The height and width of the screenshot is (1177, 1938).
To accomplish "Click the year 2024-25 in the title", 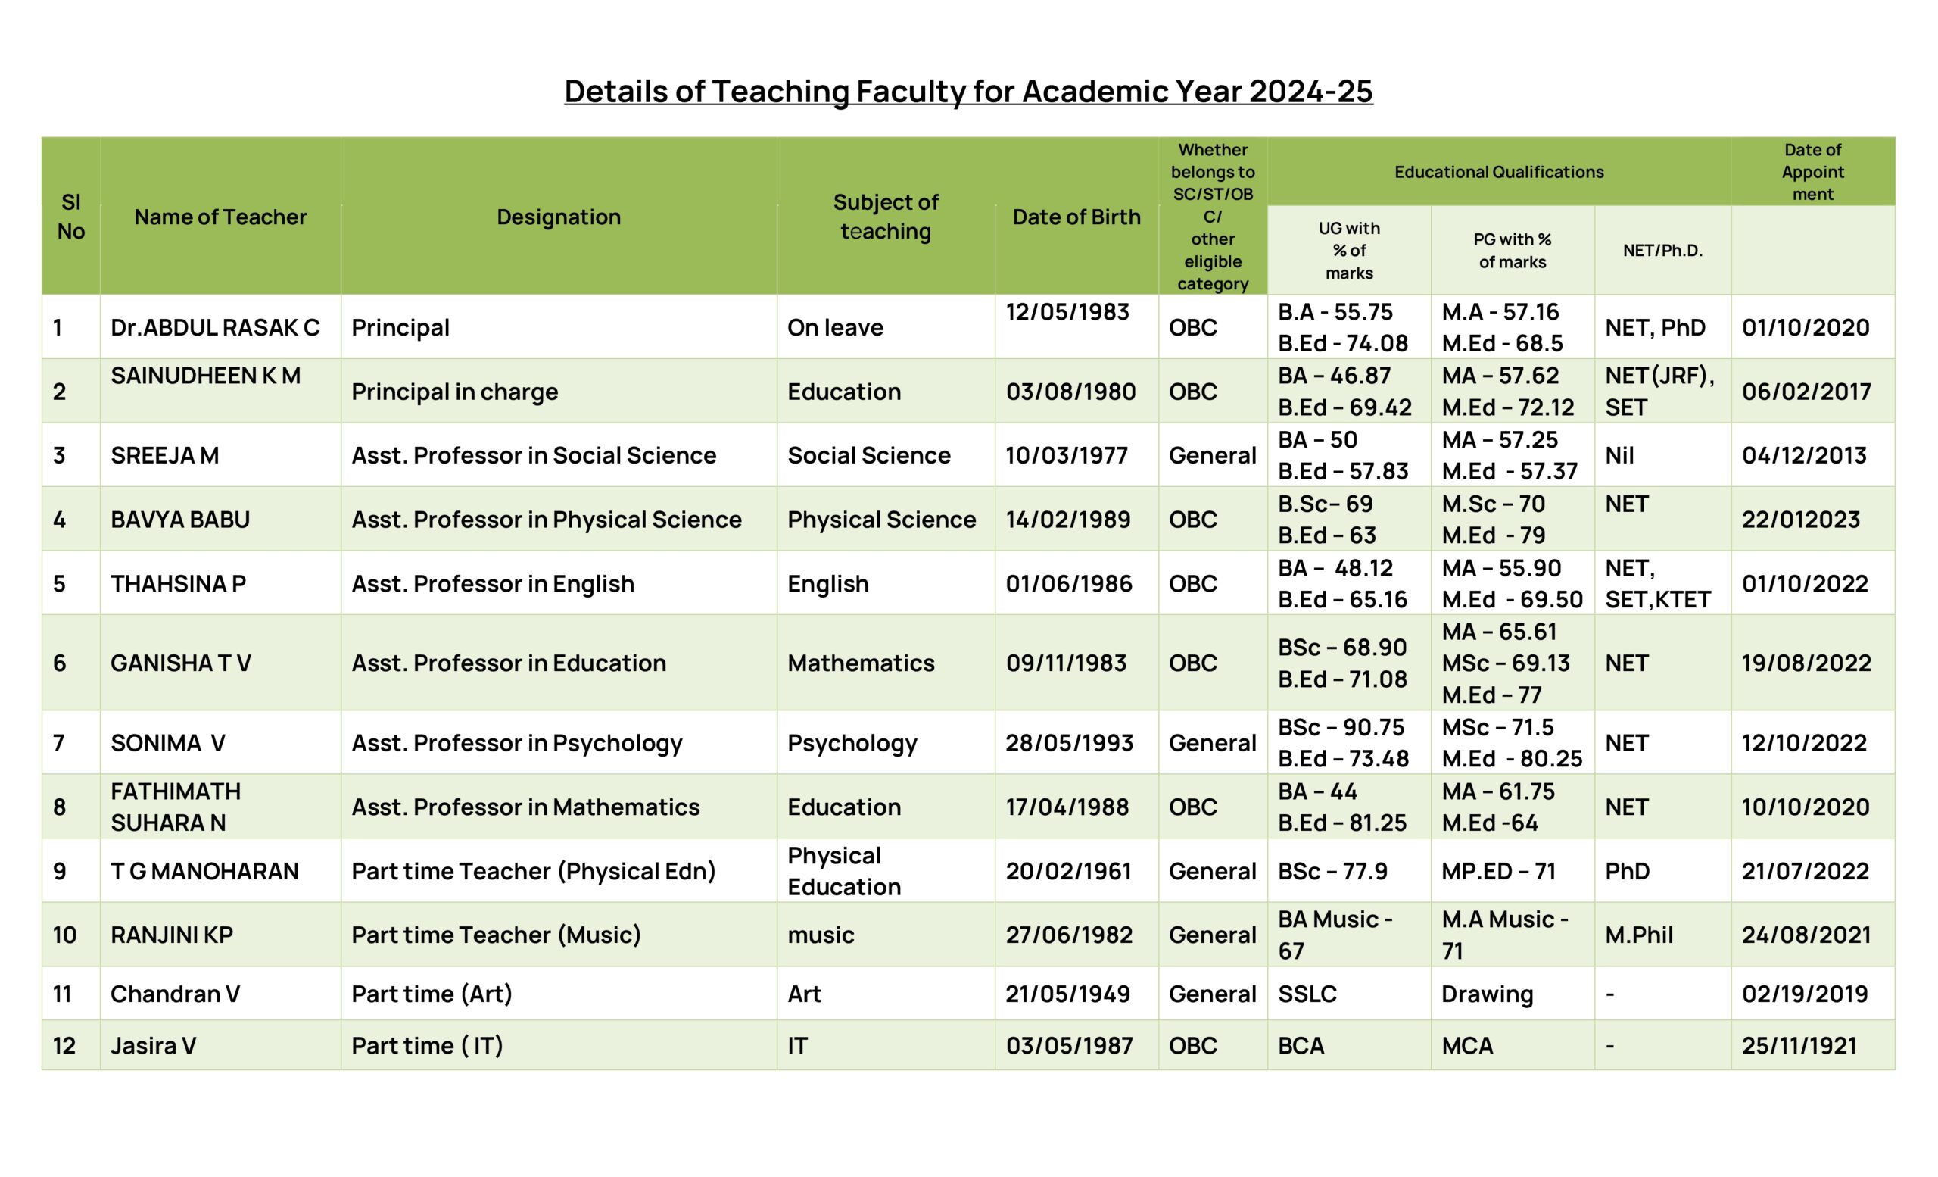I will coord(1310,91).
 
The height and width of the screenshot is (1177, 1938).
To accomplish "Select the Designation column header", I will coord(559,217).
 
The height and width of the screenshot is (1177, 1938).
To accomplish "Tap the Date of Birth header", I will coord(1076,217).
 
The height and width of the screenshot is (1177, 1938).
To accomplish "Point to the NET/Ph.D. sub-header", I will coord(1662,251).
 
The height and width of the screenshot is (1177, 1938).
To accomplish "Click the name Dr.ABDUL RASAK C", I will coord(215,327).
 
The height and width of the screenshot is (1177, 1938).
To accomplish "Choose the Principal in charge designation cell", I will coord(455,392).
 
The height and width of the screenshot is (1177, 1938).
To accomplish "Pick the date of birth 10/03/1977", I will coord(1067,455).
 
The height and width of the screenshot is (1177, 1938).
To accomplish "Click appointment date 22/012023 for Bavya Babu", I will coord(1800,520).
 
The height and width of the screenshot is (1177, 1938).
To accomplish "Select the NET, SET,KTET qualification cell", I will coord(1657,584).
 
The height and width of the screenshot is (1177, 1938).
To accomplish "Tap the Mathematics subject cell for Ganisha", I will coord(861,663).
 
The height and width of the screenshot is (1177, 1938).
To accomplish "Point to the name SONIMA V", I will coord(167,743).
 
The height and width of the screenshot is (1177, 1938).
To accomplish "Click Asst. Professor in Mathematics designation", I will coord(525,807).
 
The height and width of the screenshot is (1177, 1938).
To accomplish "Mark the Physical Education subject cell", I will coord(844,871).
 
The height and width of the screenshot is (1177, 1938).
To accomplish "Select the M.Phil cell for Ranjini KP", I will coord(1639,935).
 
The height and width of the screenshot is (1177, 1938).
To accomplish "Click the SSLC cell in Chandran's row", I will coord(1307,994).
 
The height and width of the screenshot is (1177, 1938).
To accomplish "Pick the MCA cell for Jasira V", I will coord(1467,1046).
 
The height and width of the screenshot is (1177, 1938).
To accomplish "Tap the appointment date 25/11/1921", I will coord(1799,1046).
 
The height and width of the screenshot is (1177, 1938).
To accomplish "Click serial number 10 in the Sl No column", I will coord(64,935).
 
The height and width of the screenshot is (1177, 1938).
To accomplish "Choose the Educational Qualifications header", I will coord(1498,172).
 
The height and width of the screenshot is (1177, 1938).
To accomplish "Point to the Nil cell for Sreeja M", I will coord(1619,455).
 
